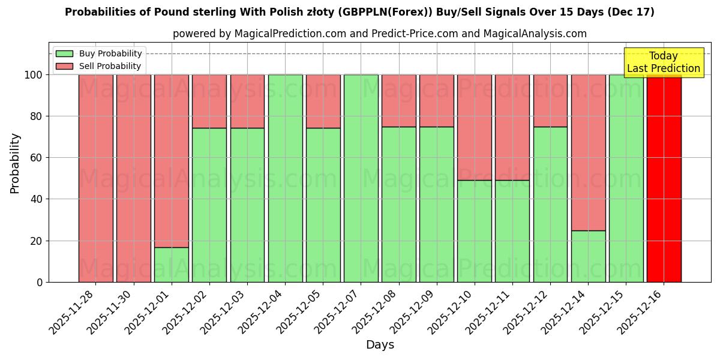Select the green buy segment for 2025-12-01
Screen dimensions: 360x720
pyautogui.click(x=172, y=265)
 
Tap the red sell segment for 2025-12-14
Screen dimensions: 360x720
pyautogui.click(x=589, y=152)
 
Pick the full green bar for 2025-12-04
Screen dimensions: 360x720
pyautogui.click(x=285, y=178)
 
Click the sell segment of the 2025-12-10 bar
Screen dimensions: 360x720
pyautogui.click(x=475, y=127)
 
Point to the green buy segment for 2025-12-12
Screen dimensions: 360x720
pyautogui.click(x=550, y=204)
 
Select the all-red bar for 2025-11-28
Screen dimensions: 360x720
pyautogui.click(x=96, y=178)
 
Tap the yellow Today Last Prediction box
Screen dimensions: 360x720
pyautogui.click(x=664, y=62)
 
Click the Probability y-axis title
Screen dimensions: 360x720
pyautogui.click(x=15, y=163)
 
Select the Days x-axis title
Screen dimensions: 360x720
pyautogui.click(x=380, y=345)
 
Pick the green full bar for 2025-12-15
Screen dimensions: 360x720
pyautogui.click(x=626, y=178)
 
